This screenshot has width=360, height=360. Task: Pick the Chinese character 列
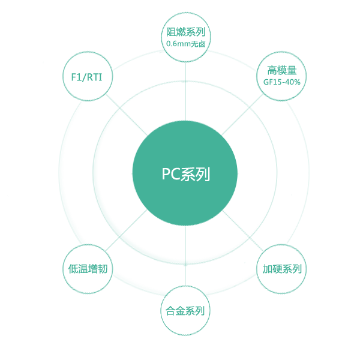pyautogui.click(x=203, y=175)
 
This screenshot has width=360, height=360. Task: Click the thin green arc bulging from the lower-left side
pyautogui.click(x=63, y=268)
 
